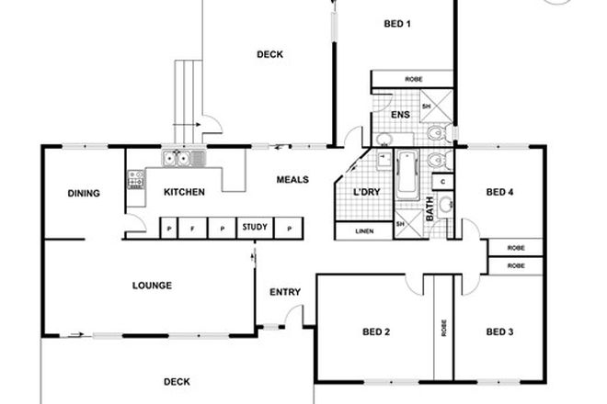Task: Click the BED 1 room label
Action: [x=396, y=25]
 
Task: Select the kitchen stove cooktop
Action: [x=135, y=178]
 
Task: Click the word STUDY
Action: [x=252, y=226]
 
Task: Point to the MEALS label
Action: [x=292, y=180]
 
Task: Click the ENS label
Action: [x=399, y=115]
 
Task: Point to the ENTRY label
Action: [x=285, y=293]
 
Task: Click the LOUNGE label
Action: [x=152, y=286]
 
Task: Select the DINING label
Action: [x=83, y=193]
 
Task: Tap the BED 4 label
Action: [x=499, y=192]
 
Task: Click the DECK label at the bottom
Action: [x=177, y=381]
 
